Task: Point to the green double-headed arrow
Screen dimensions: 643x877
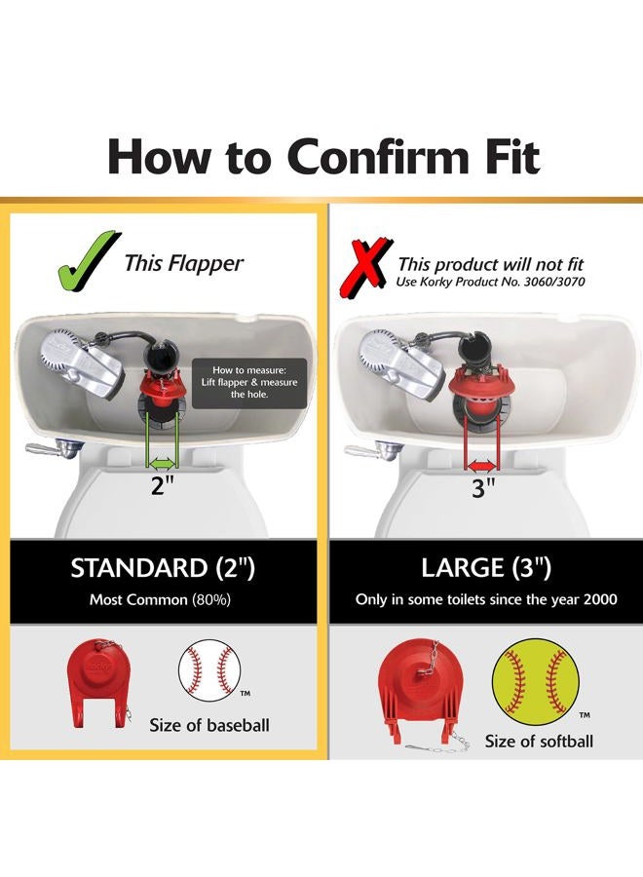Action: [x=162, y=463]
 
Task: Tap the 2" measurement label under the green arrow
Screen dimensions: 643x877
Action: [x=163, y=485]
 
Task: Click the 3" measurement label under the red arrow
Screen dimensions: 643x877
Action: [x=483, y=488]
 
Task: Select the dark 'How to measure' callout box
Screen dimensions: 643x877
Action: [x=249, y=383]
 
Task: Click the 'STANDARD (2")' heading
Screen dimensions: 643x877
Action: [x=163, y=568]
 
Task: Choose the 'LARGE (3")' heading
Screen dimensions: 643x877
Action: [x=486, y=568]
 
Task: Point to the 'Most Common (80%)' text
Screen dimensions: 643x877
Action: [x=160, y=600]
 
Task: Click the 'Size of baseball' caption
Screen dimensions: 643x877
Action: [x=209, y=725]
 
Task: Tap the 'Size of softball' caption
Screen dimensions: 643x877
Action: [x=539, y=742]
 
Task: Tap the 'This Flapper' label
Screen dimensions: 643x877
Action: [x=184, y=263]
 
